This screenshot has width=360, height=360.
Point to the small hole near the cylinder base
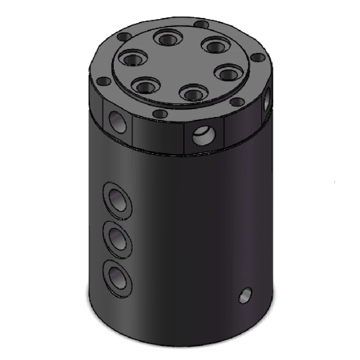(246, 296)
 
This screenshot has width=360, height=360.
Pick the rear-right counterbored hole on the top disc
(215, 46)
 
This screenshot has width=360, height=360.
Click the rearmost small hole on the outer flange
(202, 24)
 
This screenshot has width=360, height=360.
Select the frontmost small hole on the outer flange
(160, 114)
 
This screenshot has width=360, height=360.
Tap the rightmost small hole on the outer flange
(258, 57)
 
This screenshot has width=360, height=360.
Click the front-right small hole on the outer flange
(237, 102)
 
